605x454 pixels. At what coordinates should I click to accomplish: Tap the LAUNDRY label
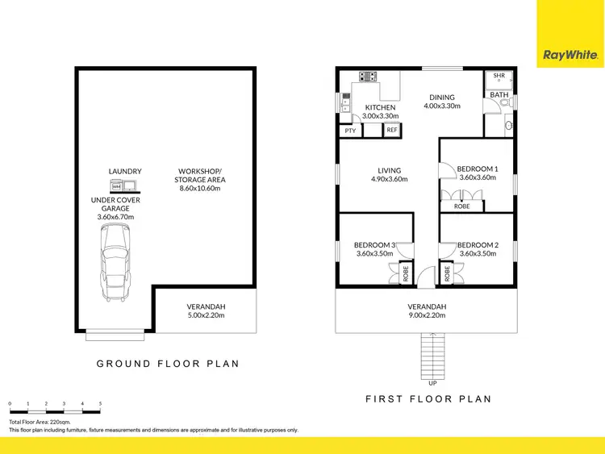pyautogui.click(x=125, y=171)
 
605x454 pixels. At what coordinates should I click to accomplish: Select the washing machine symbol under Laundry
pyautogui.click(x=116, y=186)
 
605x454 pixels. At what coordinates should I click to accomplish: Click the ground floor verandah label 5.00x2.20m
pyautogui.click(x=207, y=316)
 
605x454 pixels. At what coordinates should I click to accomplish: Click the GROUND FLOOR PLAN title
pyautogui.click(x=168, y=364)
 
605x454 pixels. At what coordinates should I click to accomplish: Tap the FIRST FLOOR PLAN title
pyautogui.click(x=428, y=399)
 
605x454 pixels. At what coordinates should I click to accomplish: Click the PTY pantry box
pyautogui.click(x=350, y=130)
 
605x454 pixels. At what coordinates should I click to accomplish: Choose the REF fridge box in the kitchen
pyautogui.click(x=391, y=130)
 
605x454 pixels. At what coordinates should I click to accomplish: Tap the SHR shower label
pyautogui.click(x=499, y=76)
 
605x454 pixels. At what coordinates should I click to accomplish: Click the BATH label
pyautogui.click(x=499, y=95)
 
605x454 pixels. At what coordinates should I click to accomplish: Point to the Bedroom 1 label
pyautogui.click(x=478, y=169)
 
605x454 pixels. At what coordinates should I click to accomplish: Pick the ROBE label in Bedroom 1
pyautogui.click(x=462, y=206)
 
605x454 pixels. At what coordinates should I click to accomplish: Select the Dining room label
pyautogui.click(x=442, y=96)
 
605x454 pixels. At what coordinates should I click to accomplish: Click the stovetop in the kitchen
pyautogui.click(x=369, y=77)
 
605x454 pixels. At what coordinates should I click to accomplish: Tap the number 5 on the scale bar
pyautogui.click(x=100, y=403)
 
